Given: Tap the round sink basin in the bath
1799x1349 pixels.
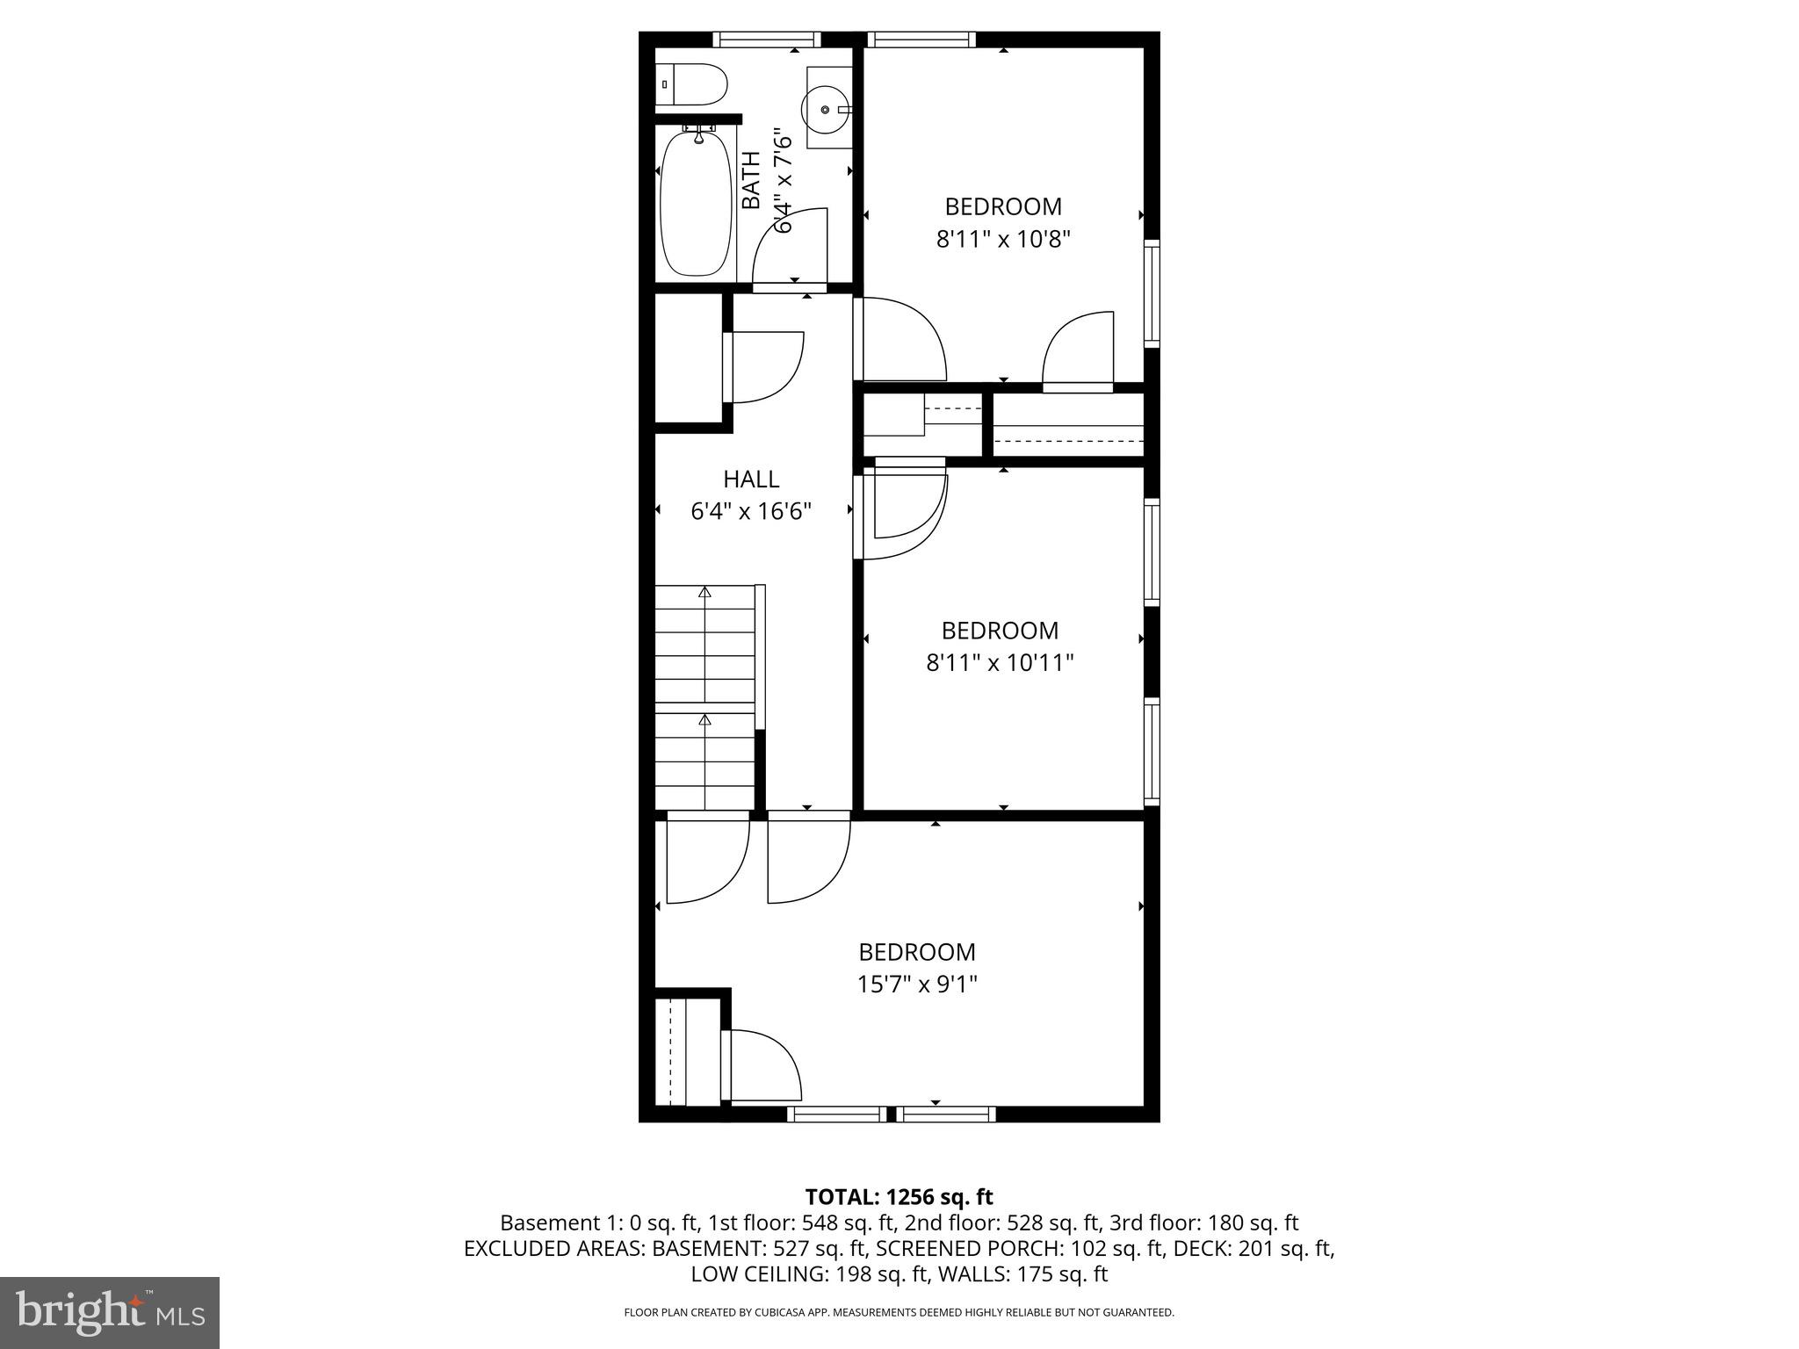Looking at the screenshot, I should pyautogui.click(x=826, y=110).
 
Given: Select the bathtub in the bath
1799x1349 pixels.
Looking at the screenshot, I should pyautogui.click(x=695, y=203).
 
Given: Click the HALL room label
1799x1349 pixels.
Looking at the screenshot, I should pyautogui.click(x=751, y=479).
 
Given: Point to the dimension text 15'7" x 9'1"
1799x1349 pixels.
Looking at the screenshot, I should pyautogui.click(x=917, y=985).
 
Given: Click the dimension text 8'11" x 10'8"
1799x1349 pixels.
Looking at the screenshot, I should pyautogui.click(x=1003, y=239).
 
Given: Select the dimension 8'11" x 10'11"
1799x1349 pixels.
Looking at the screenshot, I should pyautogui.click(x=1000, y=662).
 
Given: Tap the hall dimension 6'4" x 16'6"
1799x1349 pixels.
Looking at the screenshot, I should pyautogui.click(x=751, y=511).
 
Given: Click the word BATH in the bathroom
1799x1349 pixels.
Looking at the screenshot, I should pyautogui.click(x=752, y=180).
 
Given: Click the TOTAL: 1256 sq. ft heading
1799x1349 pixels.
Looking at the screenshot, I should pyautogui.click(x=899, y=1196).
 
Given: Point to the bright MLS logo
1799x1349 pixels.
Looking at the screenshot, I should pyautogui.click(x=110, y=1312).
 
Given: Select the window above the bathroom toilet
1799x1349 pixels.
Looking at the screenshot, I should pyautogui.click(x=766, y=40).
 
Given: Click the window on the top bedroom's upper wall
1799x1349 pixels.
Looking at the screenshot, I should pyautogui.click(x=921, y=40).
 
